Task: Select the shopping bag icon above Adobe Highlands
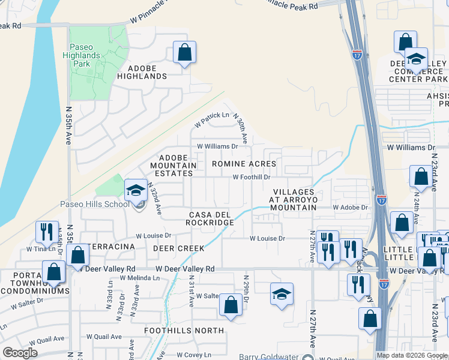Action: (184, 52)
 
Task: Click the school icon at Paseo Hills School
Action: (136, 191)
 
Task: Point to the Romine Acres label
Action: (244, 164)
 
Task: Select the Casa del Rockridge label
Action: (211, 218)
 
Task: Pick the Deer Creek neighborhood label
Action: (178, 248)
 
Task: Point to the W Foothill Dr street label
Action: (252, 177)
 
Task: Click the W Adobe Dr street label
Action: (351, 207)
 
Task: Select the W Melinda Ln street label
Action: (139, 278)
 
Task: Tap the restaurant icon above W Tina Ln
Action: (46, 232)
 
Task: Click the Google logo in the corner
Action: (20, 353)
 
